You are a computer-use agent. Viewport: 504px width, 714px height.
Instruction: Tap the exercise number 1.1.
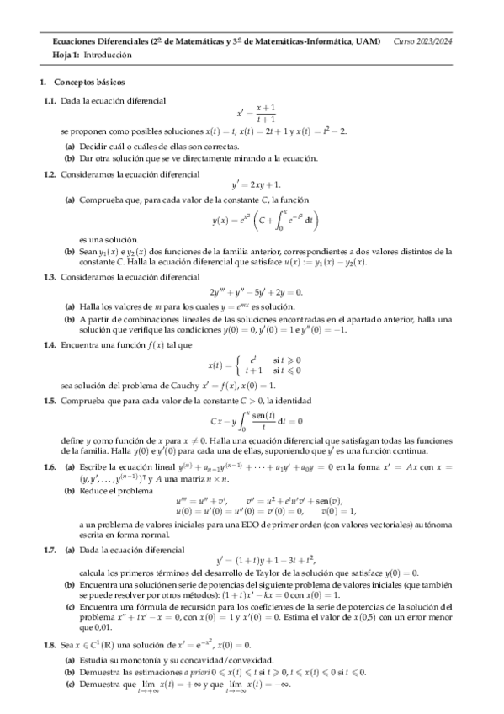click(x=50, y=100)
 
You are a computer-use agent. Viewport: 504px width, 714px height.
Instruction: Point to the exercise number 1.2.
click(x=50, y=173)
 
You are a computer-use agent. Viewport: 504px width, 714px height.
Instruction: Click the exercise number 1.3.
click(x=50, y=275)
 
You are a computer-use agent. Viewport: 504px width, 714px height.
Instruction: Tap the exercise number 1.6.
click(x=50, y=466)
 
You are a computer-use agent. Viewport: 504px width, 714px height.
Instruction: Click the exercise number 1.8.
click(x=50, y=644)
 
